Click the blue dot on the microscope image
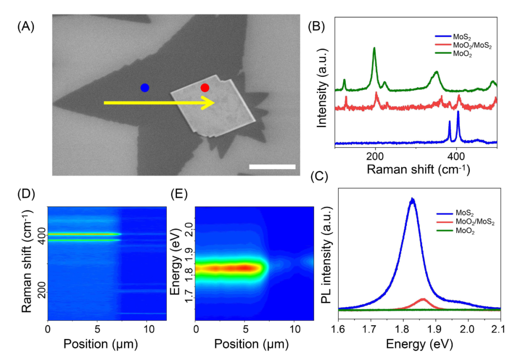pos(145,88)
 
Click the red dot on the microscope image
pos(205,88)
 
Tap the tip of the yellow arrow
pos(215,103)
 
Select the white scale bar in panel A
pos(272,167)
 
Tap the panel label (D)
pos(25,194)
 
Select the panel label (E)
pos(179,194)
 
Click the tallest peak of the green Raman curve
pos(374,48)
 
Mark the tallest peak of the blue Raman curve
pos(458,112)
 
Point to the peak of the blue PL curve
pos(413,199)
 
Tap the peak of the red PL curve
pos(423,299)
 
